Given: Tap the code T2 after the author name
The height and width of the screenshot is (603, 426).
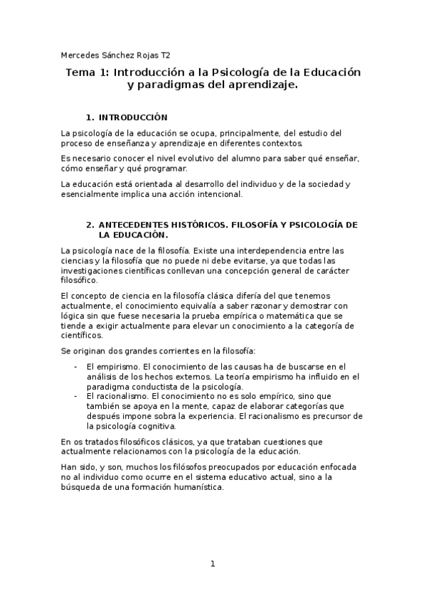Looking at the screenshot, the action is pos(165,54).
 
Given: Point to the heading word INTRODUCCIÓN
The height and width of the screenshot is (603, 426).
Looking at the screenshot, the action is pos(132,117).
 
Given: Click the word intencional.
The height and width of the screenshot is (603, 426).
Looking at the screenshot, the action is pos(219,194).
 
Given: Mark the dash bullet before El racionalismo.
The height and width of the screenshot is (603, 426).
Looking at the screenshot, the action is pos(76,395).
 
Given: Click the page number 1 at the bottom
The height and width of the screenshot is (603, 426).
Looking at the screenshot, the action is pos(212,565).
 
